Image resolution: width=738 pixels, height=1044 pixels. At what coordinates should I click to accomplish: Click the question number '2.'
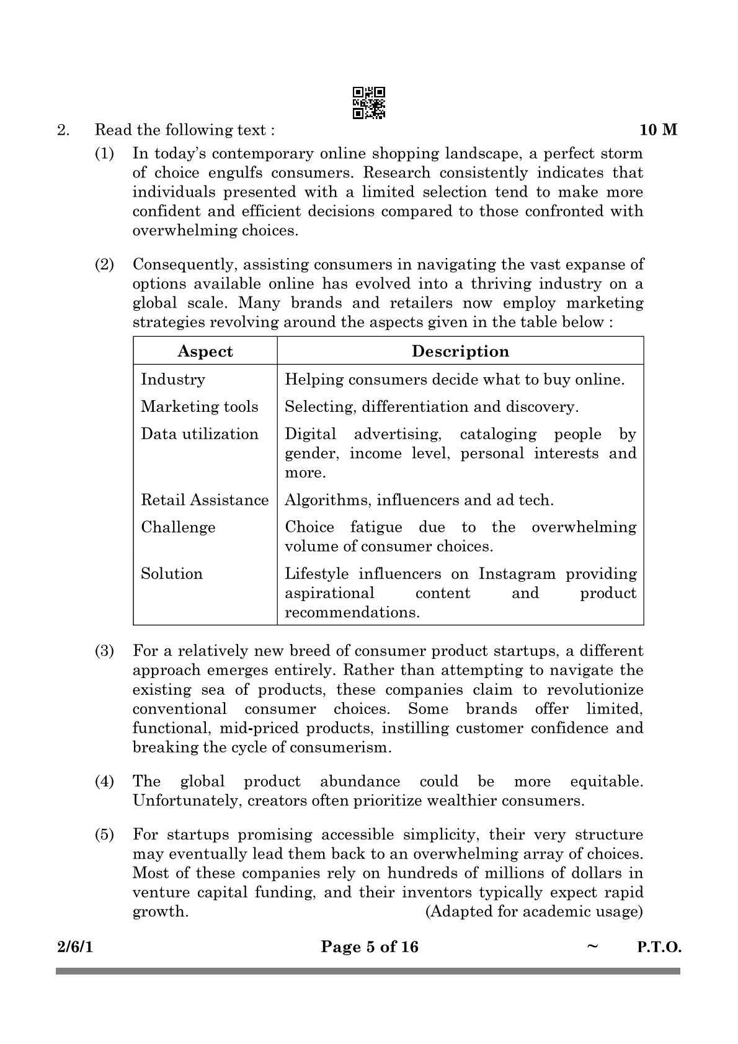click(x=63, y=130)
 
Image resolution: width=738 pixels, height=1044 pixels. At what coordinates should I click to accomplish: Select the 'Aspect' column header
click(x=205, y=351)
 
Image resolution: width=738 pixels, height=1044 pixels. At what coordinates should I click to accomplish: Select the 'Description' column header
click(x=460, y=351)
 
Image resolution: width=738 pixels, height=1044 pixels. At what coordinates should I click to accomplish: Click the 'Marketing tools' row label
click(x=199, y=407)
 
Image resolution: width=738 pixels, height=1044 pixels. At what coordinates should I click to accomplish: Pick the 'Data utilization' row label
click(x=199, y=434)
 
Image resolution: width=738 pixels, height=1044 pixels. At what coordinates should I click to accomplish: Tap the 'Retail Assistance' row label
click(x=205, y=500)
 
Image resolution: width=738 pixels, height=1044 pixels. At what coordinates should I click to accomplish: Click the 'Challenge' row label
click(x=178, y=527)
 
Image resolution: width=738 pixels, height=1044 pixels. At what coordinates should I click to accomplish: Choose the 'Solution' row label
click(x=172, y=574)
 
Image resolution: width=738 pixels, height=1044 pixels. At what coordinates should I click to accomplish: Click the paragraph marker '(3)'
click(x=104, y=651)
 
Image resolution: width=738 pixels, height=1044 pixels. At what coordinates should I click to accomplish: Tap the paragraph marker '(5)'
click(x=104, y=835)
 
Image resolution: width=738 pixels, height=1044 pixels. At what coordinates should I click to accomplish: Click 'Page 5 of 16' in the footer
click(x=370, y=947)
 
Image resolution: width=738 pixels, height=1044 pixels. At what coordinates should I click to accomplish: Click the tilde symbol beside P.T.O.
click(x=592, y=946)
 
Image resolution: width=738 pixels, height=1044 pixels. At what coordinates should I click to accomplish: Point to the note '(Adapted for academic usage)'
click(x=534, y=912)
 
